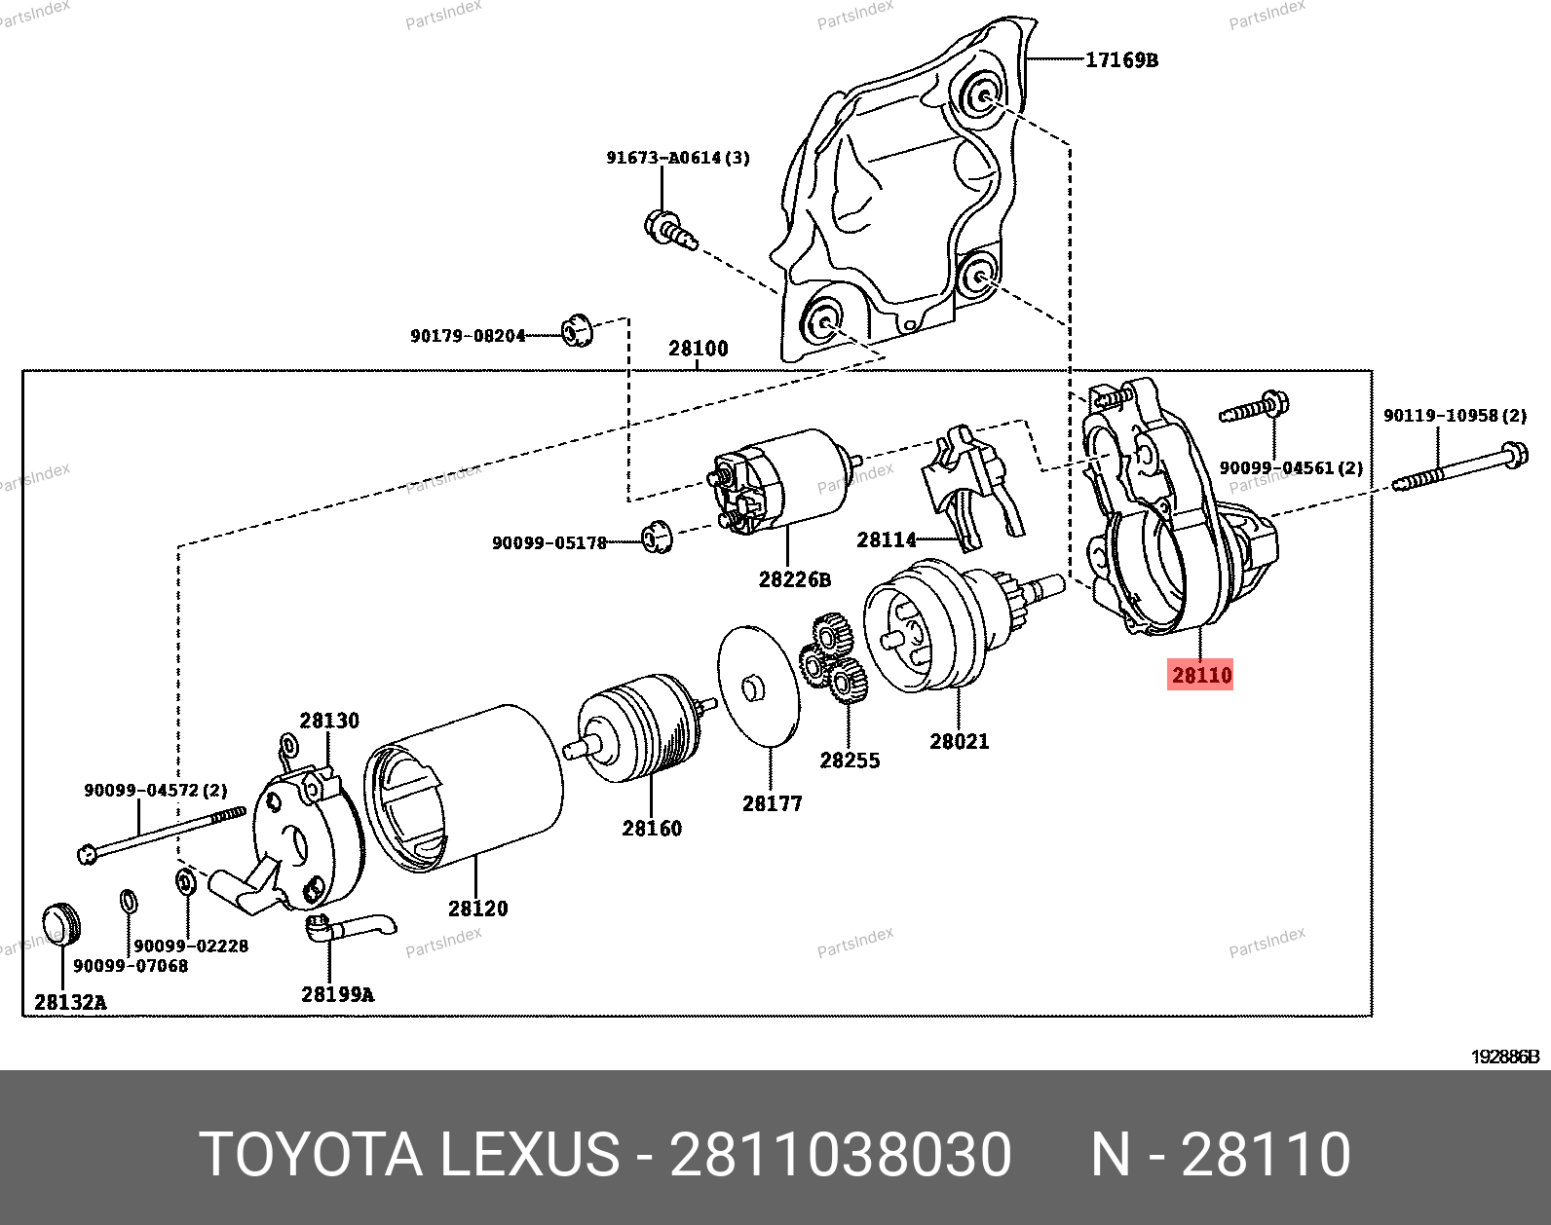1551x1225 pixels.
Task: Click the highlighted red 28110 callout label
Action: [1200, 675]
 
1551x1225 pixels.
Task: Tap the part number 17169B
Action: [1121, 59]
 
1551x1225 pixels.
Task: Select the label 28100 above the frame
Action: [698, 348]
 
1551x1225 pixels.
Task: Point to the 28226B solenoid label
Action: [794, 579]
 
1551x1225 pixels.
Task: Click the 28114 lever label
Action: [887, 539]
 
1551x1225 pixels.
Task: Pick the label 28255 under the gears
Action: [850, 761]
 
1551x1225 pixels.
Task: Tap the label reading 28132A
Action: [70, 1002]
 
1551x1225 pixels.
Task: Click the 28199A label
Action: [337, 994]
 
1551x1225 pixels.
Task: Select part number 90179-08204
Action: [468, 336]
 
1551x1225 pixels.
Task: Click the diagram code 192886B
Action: [1505, 1058]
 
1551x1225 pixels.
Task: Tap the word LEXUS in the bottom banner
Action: [529, 1154]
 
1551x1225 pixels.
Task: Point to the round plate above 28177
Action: [759, 686]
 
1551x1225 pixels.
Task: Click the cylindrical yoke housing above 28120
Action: [464, 788]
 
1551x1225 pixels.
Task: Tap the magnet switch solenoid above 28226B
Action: [781, 482]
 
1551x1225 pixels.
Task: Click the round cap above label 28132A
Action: [61, 923]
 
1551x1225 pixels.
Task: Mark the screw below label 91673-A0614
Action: [669, 230]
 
